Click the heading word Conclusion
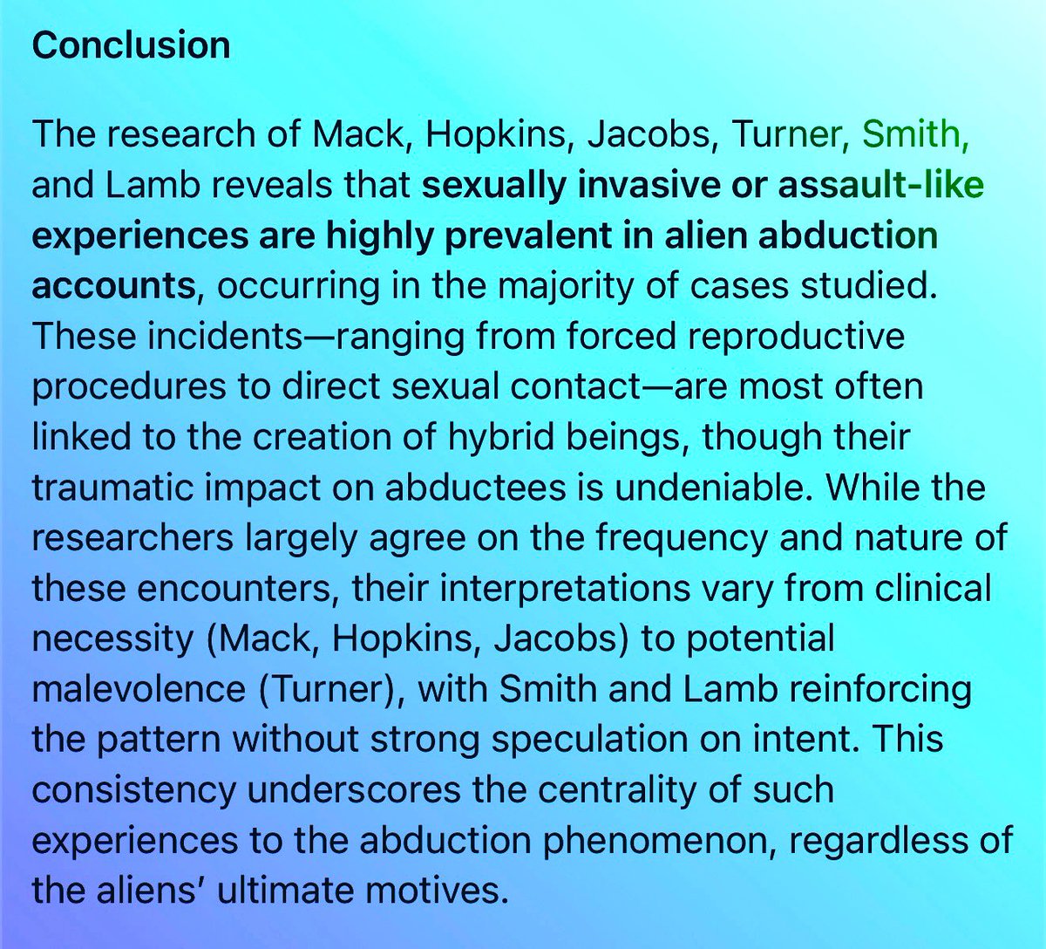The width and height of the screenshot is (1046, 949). coord(131,45)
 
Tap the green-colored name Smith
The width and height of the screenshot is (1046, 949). coord(914,134)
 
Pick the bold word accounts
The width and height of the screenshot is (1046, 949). coord(113,285)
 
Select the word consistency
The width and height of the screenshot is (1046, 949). coord(133,790)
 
